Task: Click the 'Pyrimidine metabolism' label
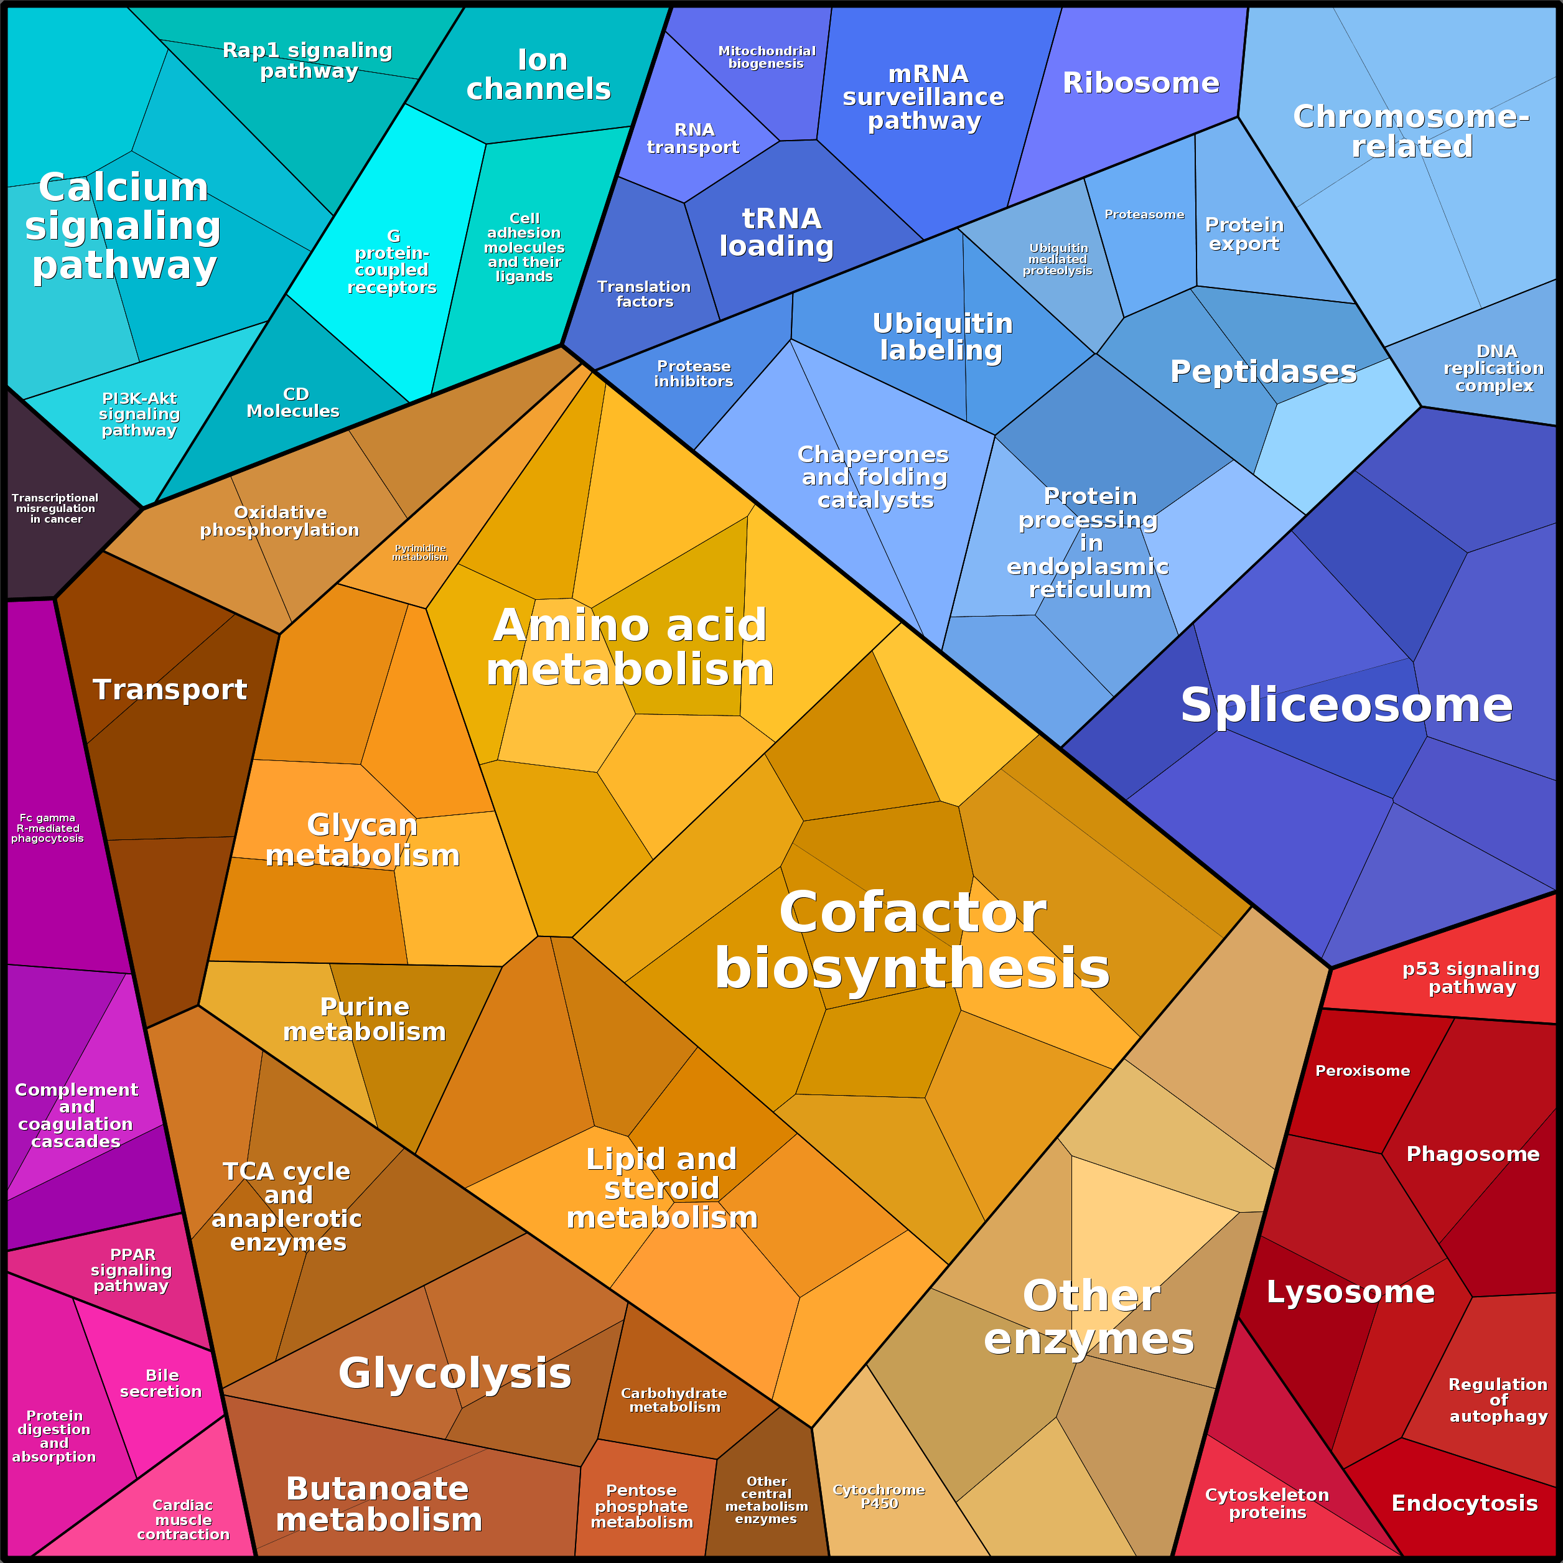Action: pos(420,553)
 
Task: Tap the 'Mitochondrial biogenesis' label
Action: pos(766,57)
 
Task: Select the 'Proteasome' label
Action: pos(1144,215)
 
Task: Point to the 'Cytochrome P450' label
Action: pos(879,1496)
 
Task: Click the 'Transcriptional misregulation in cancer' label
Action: pos(55,508)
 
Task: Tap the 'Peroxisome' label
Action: pos(1363,1070)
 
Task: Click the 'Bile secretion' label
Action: pos(162,1383)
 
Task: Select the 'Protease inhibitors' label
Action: pos(693,374)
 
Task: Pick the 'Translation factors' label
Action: pos(644,294)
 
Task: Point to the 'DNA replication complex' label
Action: pos(1494,368)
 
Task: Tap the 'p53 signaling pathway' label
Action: pos(1471,977)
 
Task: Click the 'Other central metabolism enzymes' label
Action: pos(766,1500)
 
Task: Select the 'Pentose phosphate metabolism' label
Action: pos(642,1506)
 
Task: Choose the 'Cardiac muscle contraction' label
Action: pos(183,1519)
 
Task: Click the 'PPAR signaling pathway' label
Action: pos(131,1269)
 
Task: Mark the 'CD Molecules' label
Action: pos(294,402)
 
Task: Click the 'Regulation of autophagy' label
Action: pos(1498,1399)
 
